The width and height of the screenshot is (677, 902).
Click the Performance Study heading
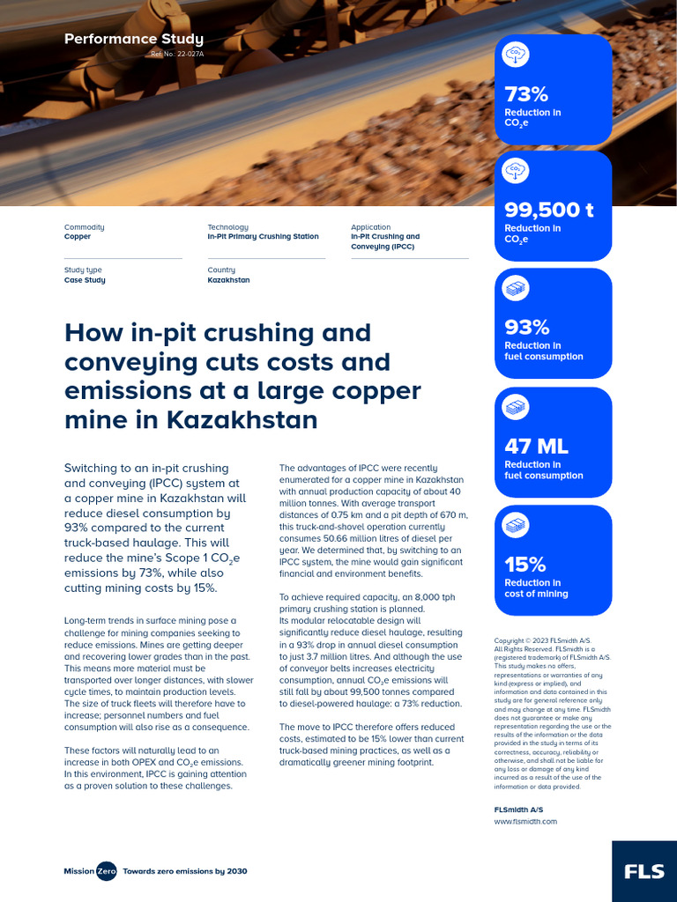click(x=134, y=39)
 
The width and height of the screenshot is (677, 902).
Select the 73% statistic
click(x=526, y=94)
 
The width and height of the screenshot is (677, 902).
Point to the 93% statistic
click(x=526, y=327)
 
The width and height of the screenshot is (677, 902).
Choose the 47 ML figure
click(x=536, y=447)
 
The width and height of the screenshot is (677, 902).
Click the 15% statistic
click(x=525, y=564)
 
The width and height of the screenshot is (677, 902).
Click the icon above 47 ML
click(x=516, y=407)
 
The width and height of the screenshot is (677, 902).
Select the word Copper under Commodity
click(x=78, y=237)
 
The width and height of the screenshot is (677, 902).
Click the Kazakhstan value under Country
click(x=228, y=280)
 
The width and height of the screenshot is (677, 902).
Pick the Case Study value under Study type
click(x=85, y=280)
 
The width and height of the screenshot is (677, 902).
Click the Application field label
click(x=370, y=227)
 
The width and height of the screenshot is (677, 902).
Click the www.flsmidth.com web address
click(x=525, y=821)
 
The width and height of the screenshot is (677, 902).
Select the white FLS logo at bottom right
click(x=644, y=871)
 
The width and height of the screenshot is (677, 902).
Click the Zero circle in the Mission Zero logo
click(x=106, y=871)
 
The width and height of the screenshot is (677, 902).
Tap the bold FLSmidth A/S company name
click(x=518, y=808)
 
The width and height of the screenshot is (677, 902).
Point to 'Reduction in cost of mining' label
click(x=536, y=588)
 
